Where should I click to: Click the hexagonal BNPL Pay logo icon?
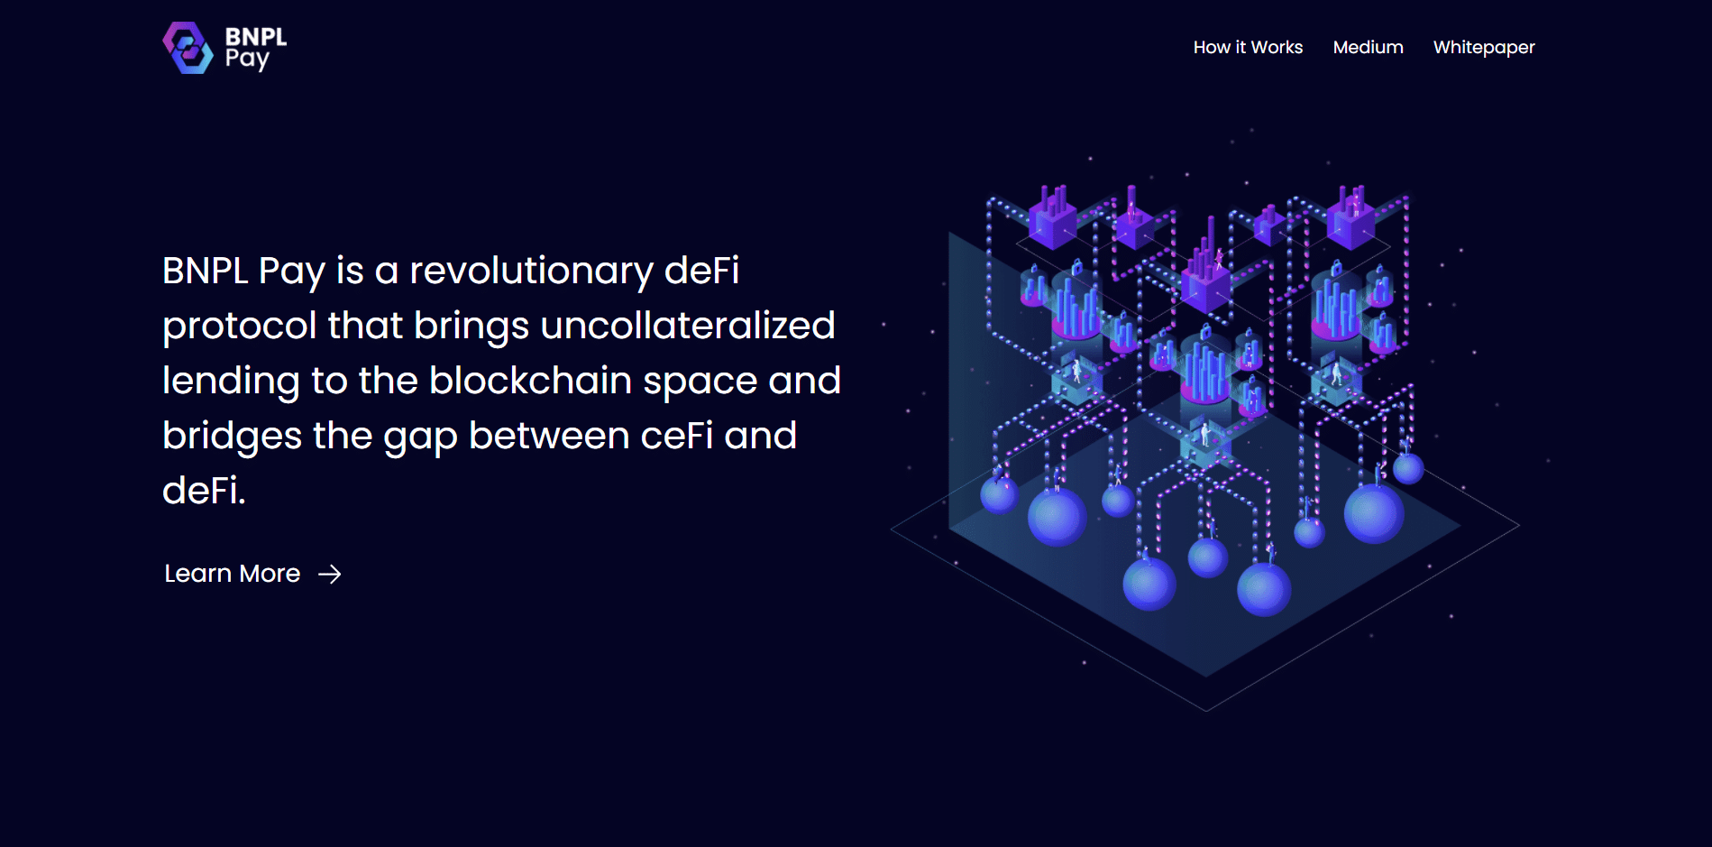tap(188, 48)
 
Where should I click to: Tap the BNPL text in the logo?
tap(256, 37)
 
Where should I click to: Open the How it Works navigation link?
tap(1248, 47)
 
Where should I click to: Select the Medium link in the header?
tap(1368, 47)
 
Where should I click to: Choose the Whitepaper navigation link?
tap(1484, 48)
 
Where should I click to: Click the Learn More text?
tap(232, 574)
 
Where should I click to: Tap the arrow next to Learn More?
tap(330, 575)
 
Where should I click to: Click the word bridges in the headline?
tap(232, 437)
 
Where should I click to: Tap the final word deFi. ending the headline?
tap(204, 491)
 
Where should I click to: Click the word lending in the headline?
tap(231, 382)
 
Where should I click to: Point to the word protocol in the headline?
tap(240, 327)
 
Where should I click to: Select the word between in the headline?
tap(549, 436)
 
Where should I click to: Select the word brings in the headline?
tap(471, 327)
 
